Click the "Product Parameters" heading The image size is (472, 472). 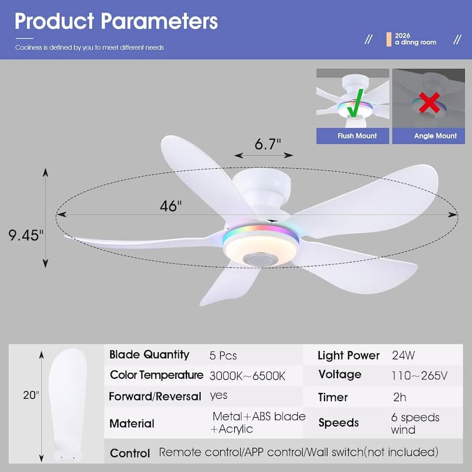click(116, 21)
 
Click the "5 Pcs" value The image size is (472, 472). click(223, 356)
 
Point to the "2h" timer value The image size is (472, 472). click(399, 397)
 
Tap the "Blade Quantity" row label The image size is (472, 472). click(149, 355)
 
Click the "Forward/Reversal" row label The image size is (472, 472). click(155, 396)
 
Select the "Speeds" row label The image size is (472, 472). click(339, 423)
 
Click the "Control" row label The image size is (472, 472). click(130, 453)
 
